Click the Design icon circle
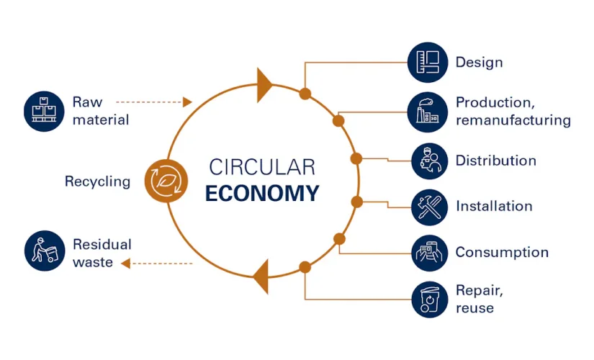click(428, 62)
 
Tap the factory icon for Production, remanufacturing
click(428, 112)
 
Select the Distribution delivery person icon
click(430, 161)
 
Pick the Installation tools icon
click(430, 207)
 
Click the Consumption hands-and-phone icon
click(430, 253)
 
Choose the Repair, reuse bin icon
click(430, 300)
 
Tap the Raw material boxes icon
click(44, 112)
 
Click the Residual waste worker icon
click(45, 251)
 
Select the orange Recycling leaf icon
click(166, 181)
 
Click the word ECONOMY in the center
click(262, 193)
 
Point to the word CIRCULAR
click(262, 167)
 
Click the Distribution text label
click(496, 161)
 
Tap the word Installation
click(495, 206)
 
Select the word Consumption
click(502, 253)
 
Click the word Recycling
click(98, 181)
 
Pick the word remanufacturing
click(513, 120)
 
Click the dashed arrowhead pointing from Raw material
click(187, 102)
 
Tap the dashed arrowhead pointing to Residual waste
click(126, 263)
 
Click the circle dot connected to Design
click(305, 94)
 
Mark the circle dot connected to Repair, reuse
click(305, 267)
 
